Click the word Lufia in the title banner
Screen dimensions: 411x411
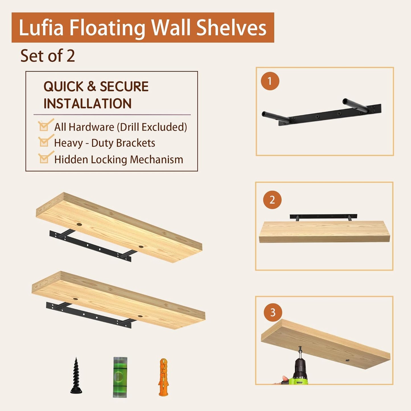(41, 28)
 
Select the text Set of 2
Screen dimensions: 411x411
(47, 56)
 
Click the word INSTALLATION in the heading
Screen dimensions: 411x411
(87, 104)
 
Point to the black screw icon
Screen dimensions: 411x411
(76, 376)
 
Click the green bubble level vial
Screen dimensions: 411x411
(120, 377)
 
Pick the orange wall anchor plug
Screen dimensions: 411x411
(163, 377)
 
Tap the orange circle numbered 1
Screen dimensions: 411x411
(270, 81)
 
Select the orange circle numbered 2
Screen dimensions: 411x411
(272, 200)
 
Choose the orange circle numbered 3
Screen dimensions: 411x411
(273, 313)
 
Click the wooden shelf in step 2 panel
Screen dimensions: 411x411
(324, 232)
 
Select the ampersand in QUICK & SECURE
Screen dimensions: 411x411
(92, 86)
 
